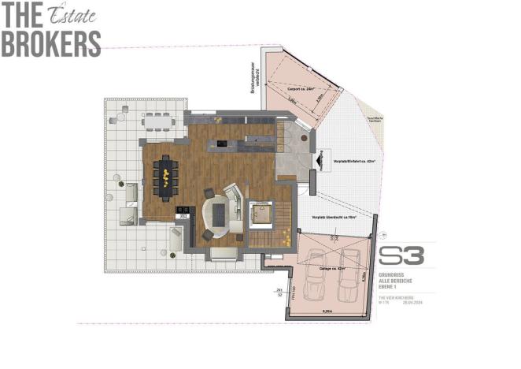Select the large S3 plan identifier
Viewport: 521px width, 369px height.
(401, 255)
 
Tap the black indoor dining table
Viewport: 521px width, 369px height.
(166, 175)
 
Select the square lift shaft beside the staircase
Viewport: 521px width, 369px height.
(260, 212)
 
